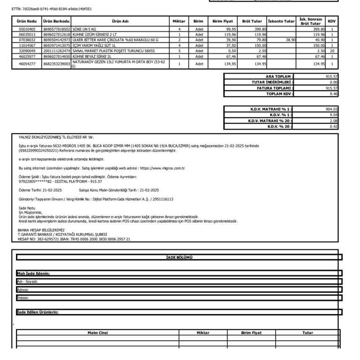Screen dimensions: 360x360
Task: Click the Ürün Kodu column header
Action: tap(26, 21)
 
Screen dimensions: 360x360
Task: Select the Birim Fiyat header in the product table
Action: tap(223, 21)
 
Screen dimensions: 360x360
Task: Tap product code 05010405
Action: tap(26, 30)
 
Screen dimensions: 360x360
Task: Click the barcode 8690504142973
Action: tap(56, 40)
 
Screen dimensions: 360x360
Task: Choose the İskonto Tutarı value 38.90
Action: tap(290, 40)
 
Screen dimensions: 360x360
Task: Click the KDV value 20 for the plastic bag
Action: tap(332, 50)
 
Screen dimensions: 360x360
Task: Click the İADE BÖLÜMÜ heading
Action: tap(179, 257)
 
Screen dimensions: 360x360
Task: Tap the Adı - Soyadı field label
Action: tap(27, 281)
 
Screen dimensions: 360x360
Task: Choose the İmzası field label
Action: tap(23, 298)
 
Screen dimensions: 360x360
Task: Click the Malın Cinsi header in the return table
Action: tap(97, 332)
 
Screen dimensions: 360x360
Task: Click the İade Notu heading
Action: tap(27, 207)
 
